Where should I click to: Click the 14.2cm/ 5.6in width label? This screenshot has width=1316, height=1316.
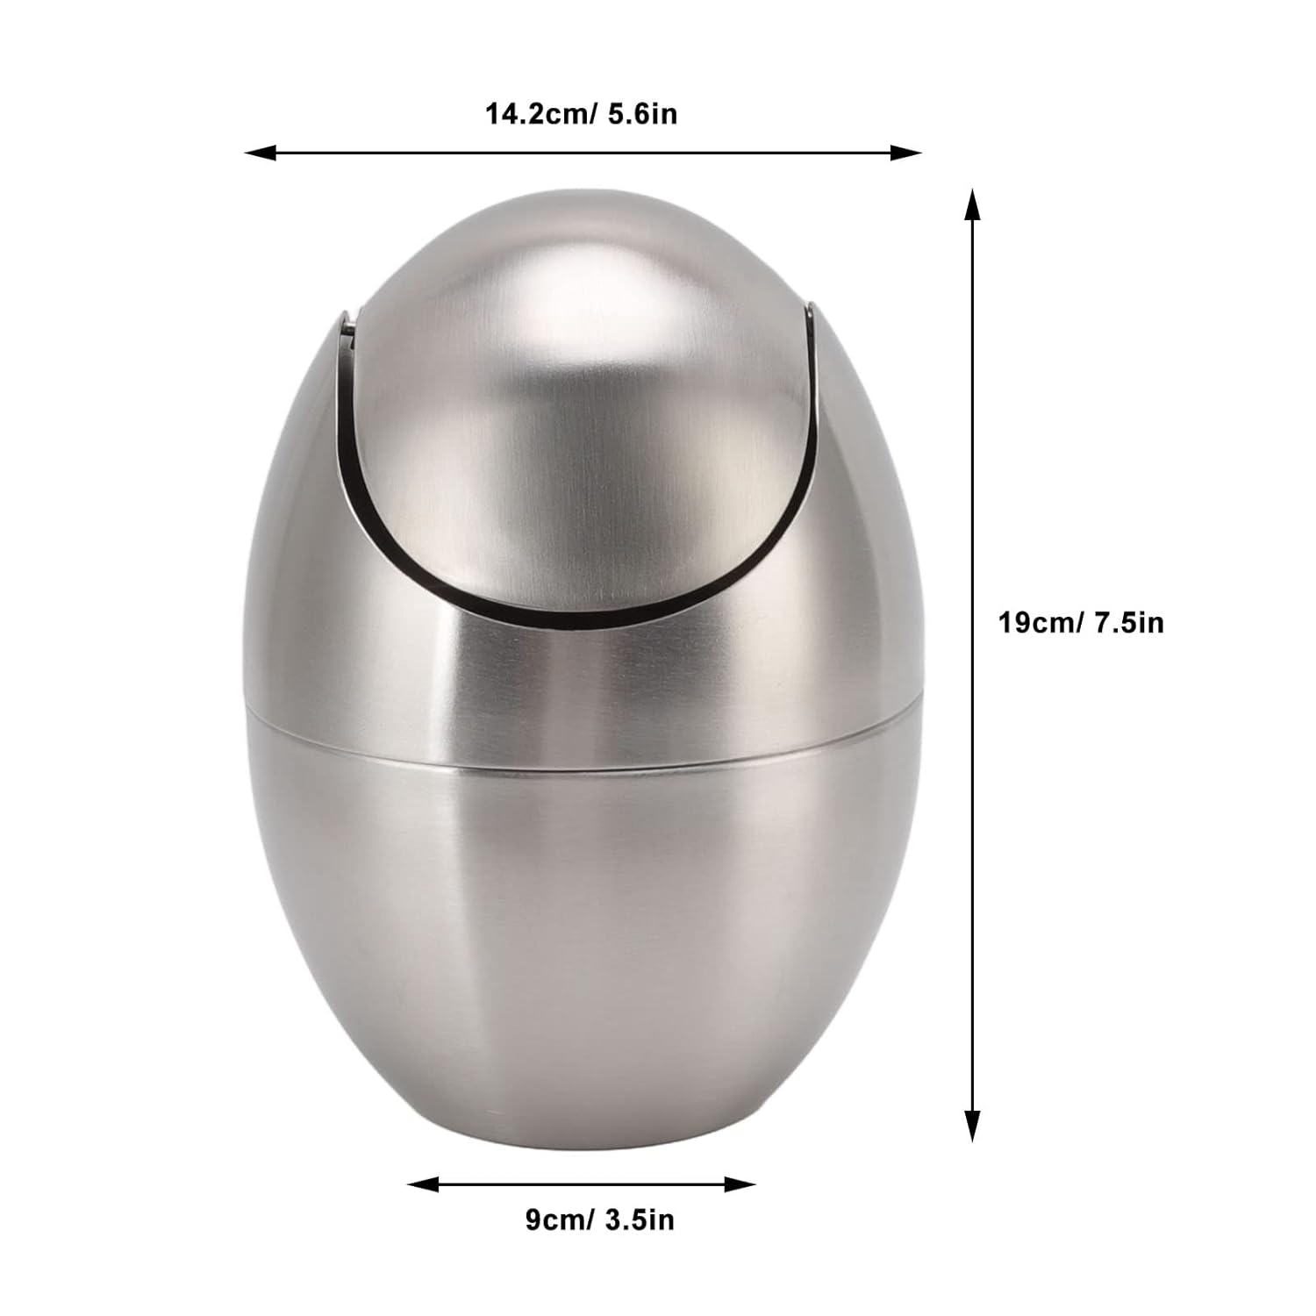[x=582, y=114]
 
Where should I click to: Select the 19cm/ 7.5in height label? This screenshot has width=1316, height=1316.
[x=1081, y=623]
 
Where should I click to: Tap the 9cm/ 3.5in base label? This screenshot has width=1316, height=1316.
[x=599, y=1219]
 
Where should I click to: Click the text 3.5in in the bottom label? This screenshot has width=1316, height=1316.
[x=640, y=1219]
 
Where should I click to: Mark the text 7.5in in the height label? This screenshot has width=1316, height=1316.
[x=1128, y=623]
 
